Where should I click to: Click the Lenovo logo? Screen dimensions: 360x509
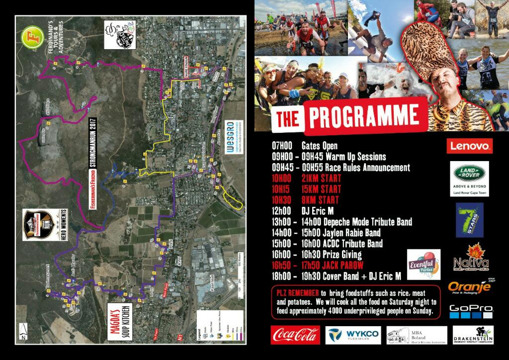tap(470, 146)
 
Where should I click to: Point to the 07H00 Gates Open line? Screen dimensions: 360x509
tap(305, 146)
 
